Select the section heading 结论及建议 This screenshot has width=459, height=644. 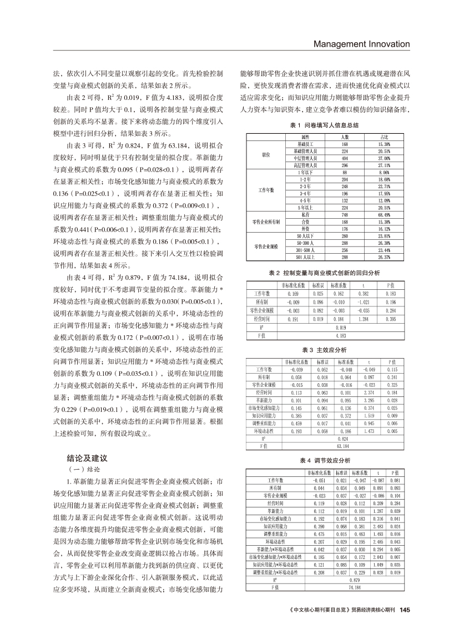point(87,459)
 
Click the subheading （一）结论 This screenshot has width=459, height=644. point(83,469)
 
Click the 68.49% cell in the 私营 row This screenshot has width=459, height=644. point(385,214)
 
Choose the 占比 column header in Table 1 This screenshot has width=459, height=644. point(385,137)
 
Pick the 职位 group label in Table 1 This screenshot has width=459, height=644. point(265,154)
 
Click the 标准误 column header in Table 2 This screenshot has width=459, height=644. point(317,285)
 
